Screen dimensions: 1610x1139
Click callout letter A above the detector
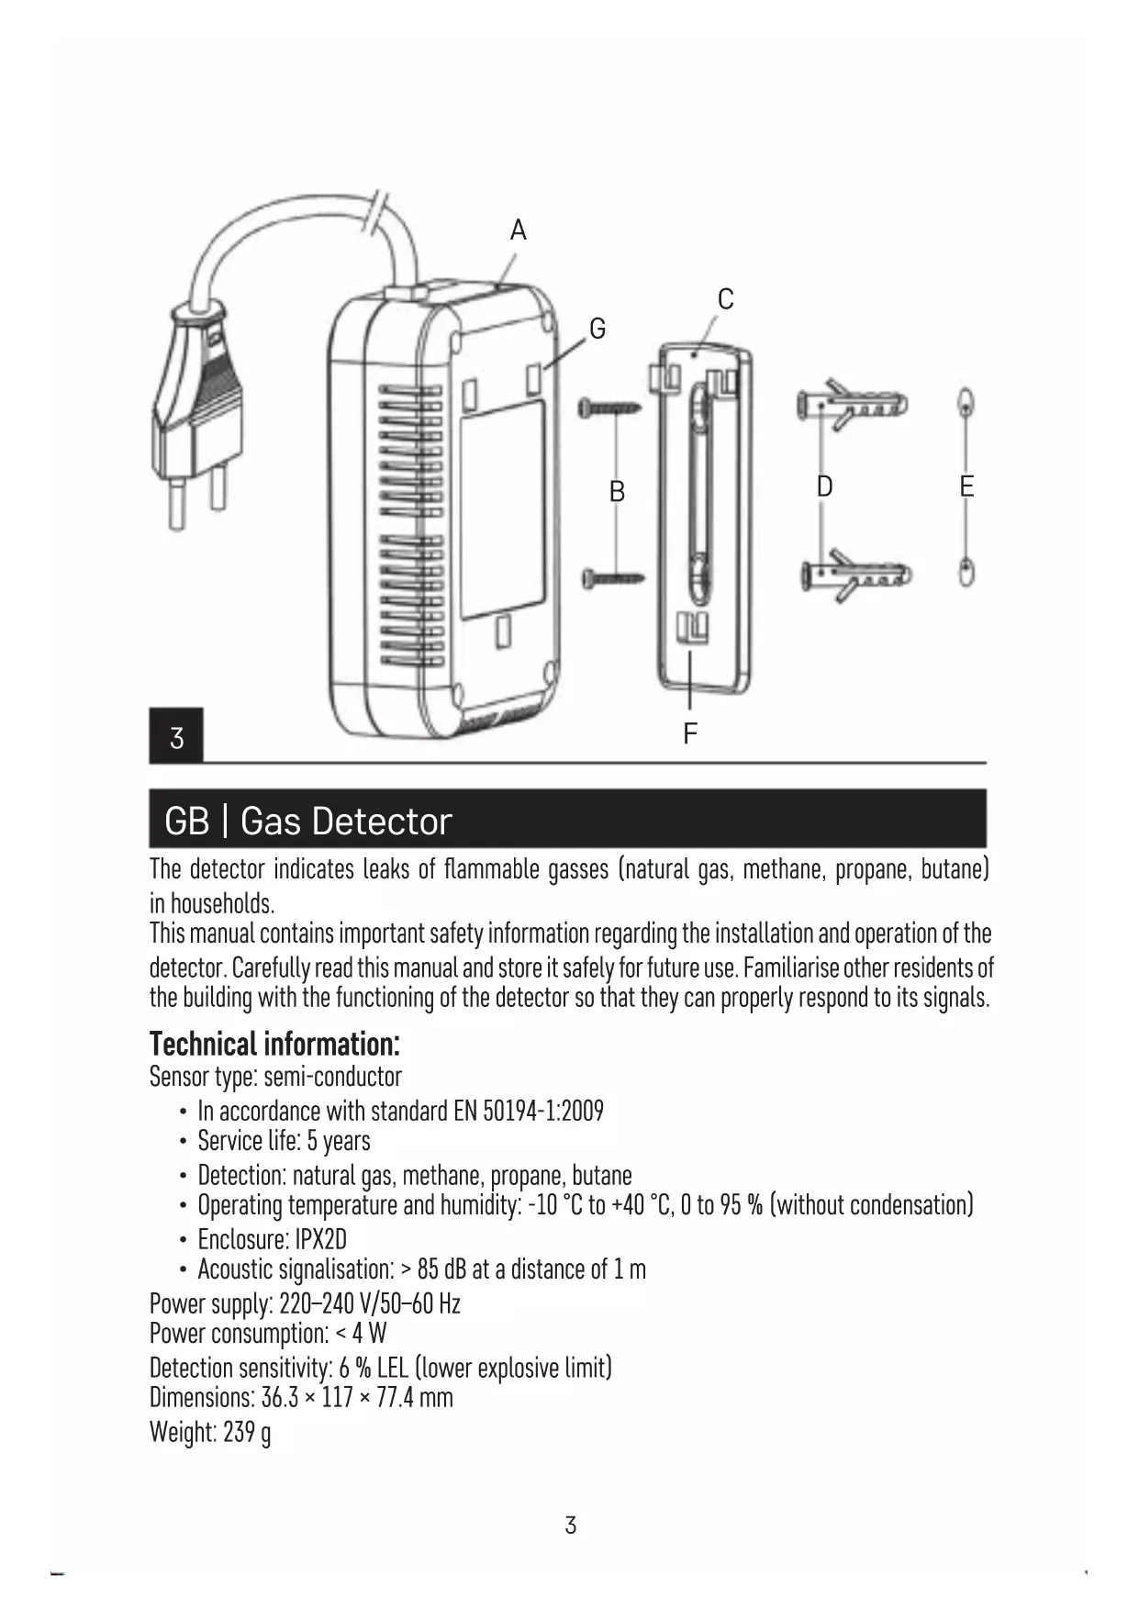(x=519, y=230)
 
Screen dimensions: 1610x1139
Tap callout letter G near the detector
(x=597, y=329)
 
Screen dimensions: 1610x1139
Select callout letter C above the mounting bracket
(x=725, y=299)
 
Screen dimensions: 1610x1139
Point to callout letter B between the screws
(x=617, y=492)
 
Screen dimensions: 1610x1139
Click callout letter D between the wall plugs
(x=824, y=486)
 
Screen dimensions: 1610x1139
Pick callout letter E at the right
(x=966, y=486)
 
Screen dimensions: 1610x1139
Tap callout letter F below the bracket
(x=690, y=733)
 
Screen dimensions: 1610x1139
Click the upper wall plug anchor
(x=852, y=405)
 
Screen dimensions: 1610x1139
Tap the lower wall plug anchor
(x=856, y=576)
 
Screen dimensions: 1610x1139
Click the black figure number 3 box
(x=176, y=736)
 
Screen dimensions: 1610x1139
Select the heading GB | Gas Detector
(x=308, y=821)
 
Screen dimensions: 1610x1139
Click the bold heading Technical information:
(x=274, y=1044)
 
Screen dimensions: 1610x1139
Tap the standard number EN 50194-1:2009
(x=529, y=1112)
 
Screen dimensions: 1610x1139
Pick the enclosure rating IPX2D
(x=321, y=1239)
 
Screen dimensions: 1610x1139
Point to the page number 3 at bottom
(x=570, y=1525)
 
